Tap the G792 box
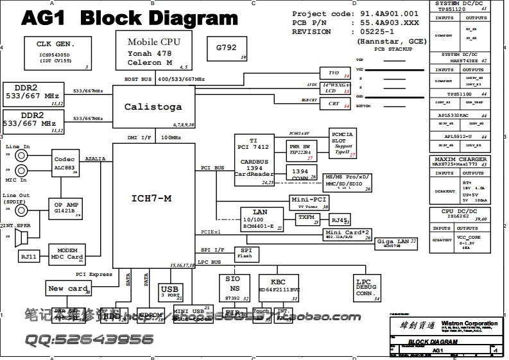click(x=227, y=49)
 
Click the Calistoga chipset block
click(x=153, y=107)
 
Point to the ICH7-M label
click(x=153, y=199)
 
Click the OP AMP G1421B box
click(x=66, y=207)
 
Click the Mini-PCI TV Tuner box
click(x=309, y=203)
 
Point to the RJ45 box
click(x=340, y=220)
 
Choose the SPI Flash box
click(x=245, y=252)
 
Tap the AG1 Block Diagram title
click(x=129, y=19)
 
